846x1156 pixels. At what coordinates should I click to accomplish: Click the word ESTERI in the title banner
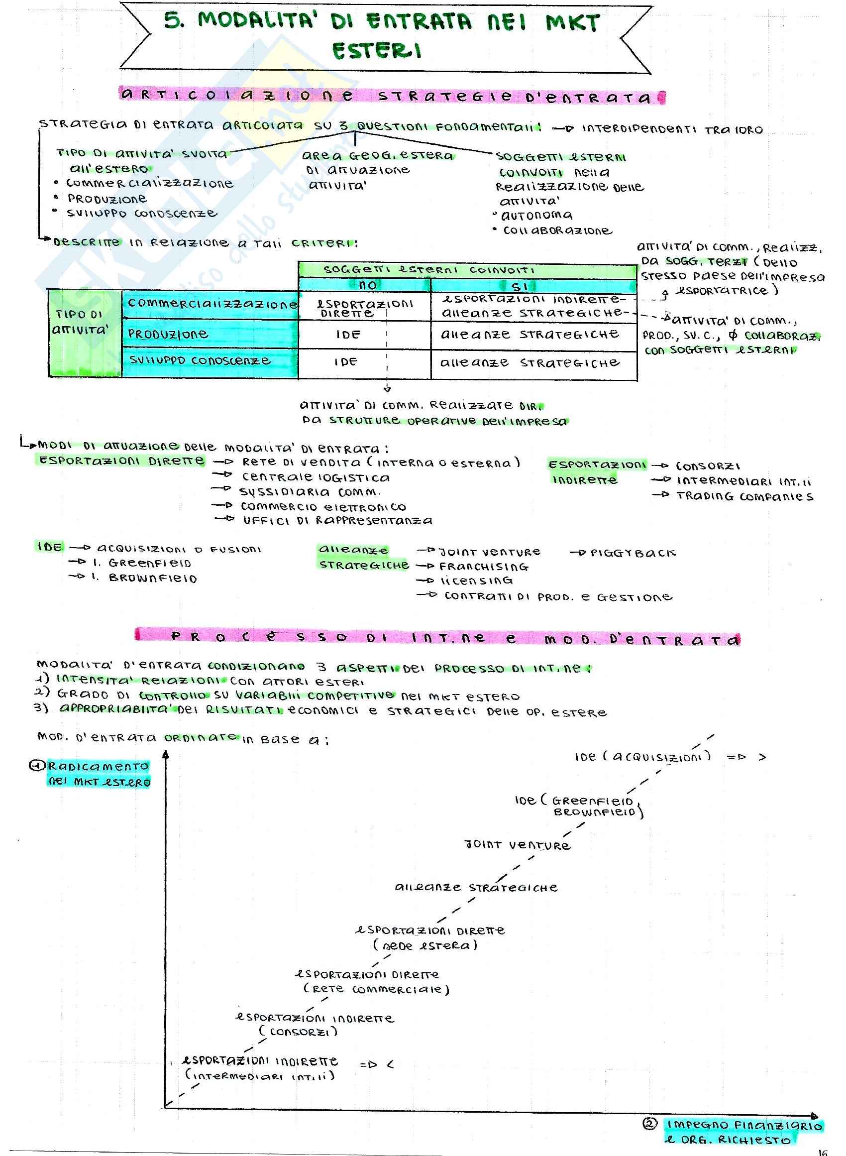pyautogui.click(x=377, y=51)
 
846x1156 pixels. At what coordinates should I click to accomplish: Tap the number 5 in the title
pyautogui.click(x=173, y=21)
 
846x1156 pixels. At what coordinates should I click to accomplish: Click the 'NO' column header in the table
pyautogui.click(x=368, y=285)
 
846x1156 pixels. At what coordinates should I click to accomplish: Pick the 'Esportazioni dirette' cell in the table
pyautogui.click(x=364, y=307)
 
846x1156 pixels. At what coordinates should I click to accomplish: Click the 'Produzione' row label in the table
pyautogui.click(x=168, y=334)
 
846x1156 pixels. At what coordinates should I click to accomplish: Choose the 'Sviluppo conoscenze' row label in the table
pyautogui.click(x=200, y=360)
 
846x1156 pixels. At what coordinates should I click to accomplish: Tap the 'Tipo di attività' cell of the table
pyautogui.click(x=81, y=322)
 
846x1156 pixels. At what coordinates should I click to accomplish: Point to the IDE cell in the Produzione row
pyautogui.click(x=348, y=335)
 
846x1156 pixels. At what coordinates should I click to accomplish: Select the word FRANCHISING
pyautogui.click(x=484, y=567)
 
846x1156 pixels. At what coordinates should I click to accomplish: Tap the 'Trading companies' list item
pyautogui.click(x=744, y=496)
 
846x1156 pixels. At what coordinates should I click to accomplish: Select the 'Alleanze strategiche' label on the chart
pyautogui.click(x=476, y=888)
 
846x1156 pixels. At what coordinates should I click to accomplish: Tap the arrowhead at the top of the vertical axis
pyautogui.click(x=166, y=754)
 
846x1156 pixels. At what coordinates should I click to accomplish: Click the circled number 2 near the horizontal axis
pyautogui.click(x=649, y=1124)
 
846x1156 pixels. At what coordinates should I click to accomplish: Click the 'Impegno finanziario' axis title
pyautogui.click(x=744, y=1125)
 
